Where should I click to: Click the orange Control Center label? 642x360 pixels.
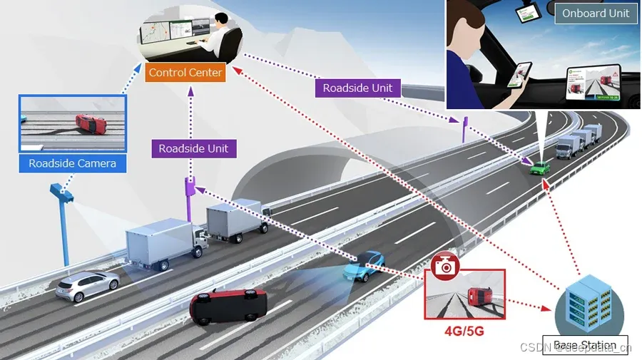(185, 73)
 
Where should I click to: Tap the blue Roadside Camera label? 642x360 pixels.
(72, 164)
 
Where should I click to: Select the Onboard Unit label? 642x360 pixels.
(596, 14)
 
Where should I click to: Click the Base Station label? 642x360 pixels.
(584, 345)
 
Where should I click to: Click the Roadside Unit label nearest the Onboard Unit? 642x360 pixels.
(357, 88)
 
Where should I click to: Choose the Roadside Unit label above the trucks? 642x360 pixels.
(193, 148)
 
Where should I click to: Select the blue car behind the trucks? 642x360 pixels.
(364, 266)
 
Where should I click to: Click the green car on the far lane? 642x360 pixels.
(540, 168)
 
